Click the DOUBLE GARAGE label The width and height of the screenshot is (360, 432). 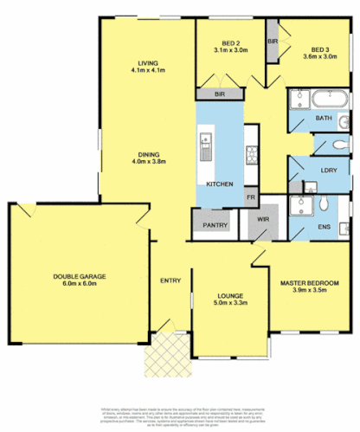point(79,276)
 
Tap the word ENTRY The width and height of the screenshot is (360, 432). point(170,280)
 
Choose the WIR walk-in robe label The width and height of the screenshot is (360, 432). point(263,220)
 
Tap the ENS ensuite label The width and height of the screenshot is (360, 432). point(325,226)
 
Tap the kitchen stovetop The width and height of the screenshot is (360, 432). point(253,155)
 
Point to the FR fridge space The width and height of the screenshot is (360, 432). point(249,197)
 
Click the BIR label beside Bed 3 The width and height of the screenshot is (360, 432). point(272,41)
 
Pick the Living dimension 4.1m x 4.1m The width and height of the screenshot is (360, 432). point(148,69)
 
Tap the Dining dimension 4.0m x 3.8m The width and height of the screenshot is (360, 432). point(148,162)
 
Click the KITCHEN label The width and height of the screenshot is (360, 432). point(217,185)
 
